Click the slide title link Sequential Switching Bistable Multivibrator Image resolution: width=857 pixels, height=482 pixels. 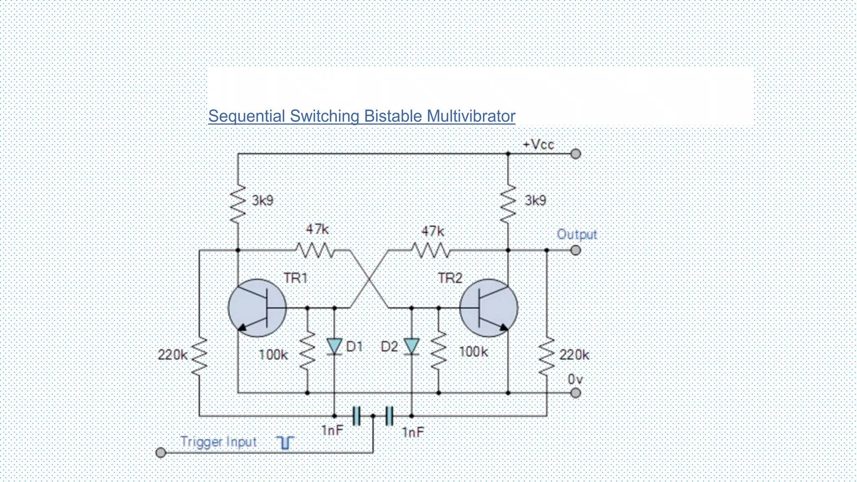(362, 116)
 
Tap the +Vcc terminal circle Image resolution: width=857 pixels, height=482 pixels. (576, 154)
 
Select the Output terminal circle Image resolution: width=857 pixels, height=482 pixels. (576, 250)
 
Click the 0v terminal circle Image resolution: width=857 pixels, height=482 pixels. (576, 392)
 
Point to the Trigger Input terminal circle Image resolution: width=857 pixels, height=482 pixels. (161, 452)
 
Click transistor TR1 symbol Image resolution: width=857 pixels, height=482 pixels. (257, 308)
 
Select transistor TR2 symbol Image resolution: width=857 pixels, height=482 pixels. (489, 308)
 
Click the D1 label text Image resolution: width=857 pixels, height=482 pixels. (354, 346)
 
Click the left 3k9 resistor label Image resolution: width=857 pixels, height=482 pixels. (262, 200)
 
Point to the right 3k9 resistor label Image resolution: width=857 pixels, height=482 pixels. (535, 200)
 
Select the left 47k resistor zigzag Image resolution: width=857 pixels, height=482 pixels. (315, 251)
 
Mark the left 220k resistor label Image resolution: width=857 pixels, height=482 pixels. (172, 355)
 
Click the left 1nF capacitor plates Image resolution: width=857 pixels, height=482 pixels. (356, 416)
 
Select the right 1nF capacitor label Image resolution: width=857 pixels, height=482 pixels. (413, 432)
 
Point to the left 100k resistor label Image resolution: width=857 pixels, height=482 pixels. (273, 355)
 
